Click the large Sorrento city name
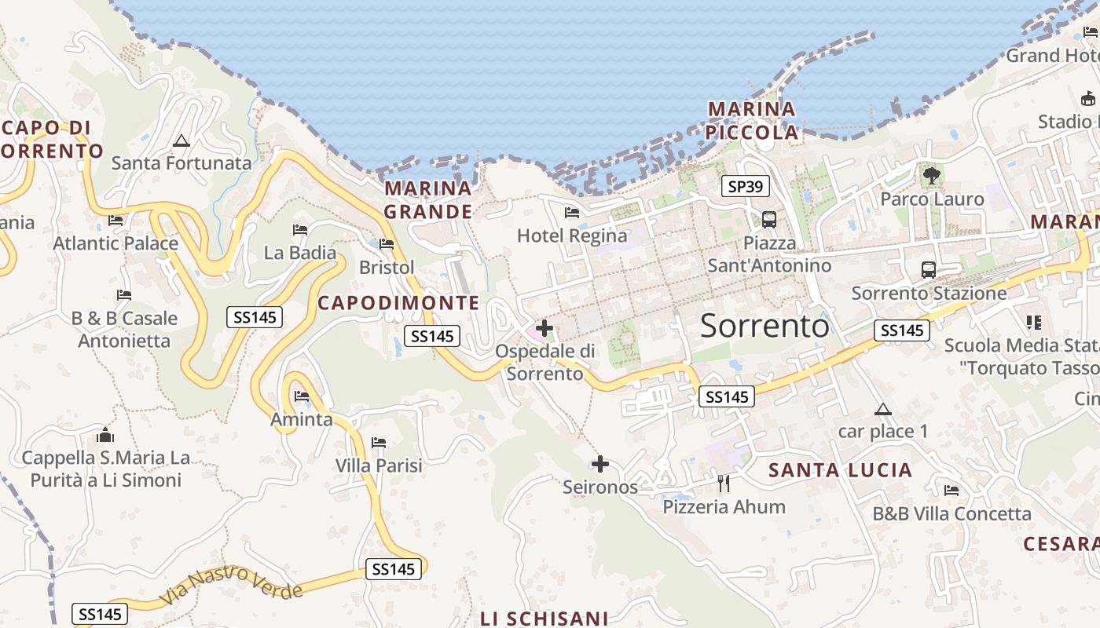[x=764, y=325]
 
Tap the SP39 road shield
[x=745, y=186]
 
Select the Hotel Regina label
[x=572, y=235]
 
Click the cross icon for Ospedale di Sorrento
[x=544, y=328]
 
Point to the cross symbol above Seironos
[x=600, y=464]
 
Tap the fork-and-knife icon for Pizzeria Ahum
[x=724, y=483]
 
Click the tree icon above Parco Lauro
[x=932, y=176]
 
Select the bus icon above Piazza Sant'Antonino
[x=769, y=220]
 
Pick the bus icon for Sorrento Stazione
[x=929, y=270]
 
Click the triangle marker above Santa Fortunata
[x=181, y=141]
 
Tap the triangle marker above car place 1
[x=883, y=409]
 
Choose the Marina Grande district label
[x=428, y=199]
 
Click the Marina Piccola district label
[x=752, y=120]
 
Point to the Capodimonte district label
[x=398, y=302]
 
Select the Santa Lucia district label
[x=840, y=470]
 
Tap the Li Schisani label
[x=544, y=619]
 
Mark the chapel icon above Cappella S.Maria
[x=105, y=435]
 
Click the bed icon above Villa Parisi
[x=379, y=443]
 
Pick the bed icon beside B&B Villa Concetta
[x=951, y=491]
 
